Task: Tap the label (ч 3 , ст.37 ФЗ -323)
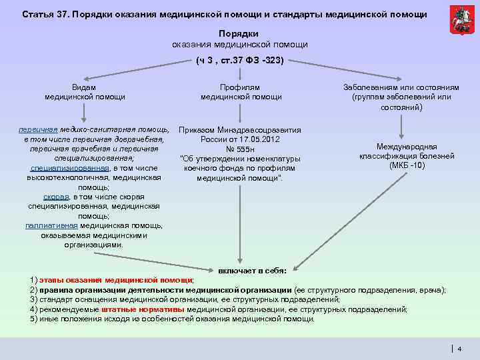click(240, 61)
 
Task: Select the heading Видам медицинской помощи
click(85, 92)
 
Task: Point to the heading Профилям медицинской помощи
click(241, 92)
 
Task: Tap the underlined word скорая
click(55, 197)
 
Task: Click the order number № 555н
click(241, 149)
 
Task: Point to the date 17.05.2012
click(261, 139)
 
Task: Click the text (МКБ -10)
click(406, 165)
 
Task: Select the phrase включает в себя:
click(253, 271)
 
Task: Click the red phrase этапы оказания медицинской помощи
click(116, 280)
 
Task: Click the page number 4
click(459, 348)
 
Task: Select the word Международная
click(406, 146)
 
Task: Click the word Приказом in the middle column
click(197, 130)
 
